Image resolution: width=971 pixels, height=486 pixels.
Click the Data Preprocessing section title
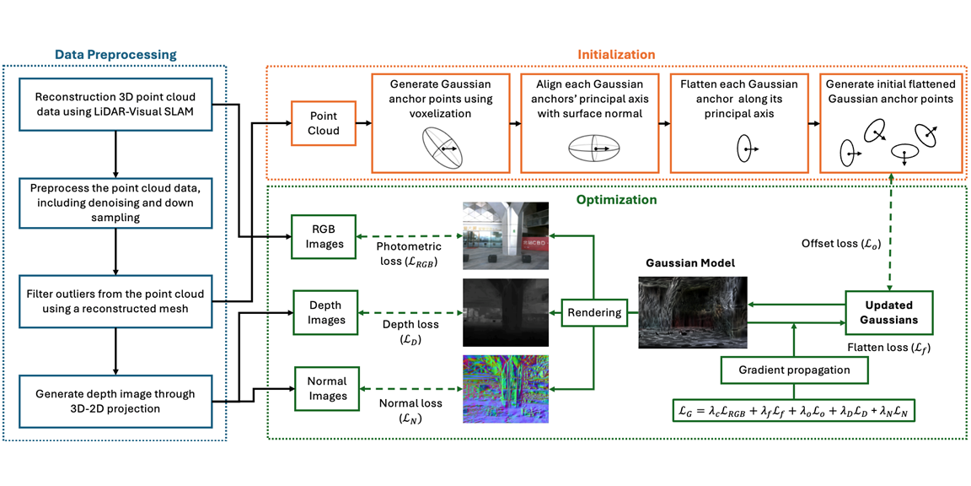(115, 55)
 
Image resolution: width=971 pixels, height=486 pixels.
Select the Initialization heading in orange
(615, 55)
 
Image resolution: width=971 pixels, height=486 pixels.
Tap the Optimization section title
(615, 201)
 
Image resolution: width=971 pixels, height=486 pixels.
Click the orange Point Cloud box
(323, 123)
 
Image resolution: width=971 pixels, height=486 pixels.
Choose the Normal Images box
(326, 388)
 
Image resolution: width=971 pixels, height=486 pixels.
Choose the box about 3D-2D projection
(115, 402)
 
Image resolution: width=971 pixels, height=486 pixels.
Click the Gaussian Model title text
(690, 263)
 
